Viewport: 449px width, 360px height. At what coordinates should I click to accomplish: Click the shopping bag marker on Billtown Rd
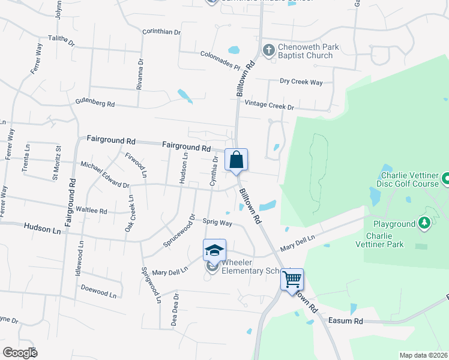pyautogui.click(x=237, y=160)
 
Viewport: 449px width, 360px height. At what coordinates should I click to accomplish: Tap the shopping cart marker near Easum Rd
pyautogui.click(x=292, y=279)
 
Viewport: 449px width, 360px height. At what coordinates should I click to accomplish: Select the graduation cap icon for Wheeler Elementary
pyautogui.click(x=214, y=250)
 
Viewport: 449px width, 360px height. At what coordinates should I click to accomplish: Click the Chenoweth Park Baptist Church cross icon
pyautogui.click(x=269, y=49)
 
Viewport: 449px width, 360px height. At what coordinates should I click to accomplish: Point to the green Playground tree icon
pyautogui.click(x=425, y=224)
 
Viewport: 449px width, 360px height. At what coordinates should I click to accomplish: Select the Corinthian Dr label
pyautogui.click(x=161, y=32)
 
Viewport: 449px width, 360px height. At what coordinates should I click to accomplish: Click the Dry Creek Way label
pyautogui.click(x=301, y=82)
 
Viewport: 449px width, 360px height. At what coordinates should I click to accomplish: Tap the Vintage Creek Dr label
pyautogui.click(x=273, y=107)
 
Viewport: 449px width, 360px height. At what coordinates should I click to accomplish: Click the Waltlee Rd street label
pyautogui.click(x=91, y=211)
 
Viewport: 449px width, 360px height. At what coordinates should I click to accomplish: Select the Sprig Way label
pyautogui.click(x=217, y=222)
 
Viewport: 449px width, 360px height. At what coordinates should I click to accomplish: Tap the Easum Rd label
pyautogui.click(x=346, y=321)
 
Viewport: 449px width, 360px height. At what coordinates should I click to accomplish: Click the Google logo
pyautogui.click(x=20, y=353)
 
